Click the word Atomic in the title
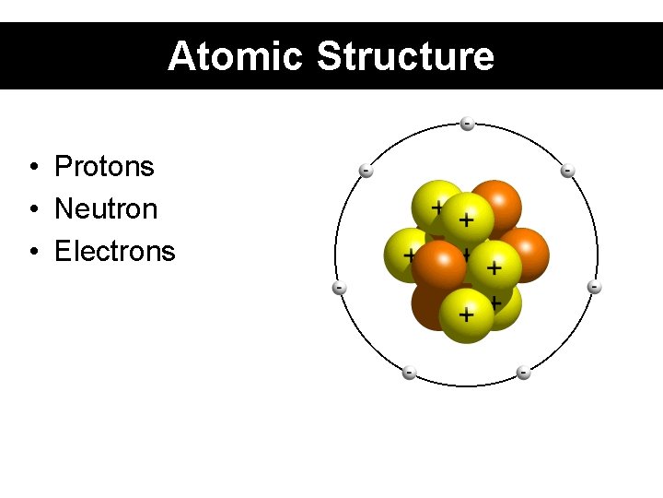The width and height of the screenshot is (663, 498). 235,56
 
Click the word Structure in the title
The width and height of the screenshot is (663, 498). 405,56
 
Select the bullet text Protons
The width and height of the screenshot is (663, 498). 104,167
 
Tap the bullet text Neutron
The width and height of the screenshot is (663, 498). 106,209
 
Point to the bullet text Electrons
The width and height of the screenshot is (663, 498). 114,251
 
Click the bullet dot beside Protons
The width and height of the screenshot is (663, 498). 32,168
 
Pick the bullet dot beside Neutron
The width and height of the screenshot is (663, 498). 32,210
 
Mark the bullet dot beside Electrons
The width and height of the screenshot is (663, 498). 32,252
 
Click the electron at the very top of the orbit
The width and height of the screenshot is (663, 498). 468,124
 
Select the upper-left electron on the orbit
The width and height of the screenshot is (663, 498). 366,171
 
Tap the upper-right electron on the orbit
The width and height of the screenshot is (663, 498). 568,171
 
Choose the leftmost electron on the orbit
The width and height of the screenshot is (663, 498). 339,289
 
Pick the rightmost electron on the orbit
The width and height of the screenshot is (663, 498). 595,288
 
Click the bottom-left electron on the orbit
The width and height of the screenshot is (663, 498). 409,373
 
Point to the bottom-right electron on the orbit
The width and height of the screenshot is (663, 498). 523,373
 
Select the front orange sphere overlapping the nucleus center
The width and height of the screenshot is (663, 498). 439,267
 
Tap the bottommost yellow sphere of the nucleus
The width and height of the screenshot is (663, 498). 466,315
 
